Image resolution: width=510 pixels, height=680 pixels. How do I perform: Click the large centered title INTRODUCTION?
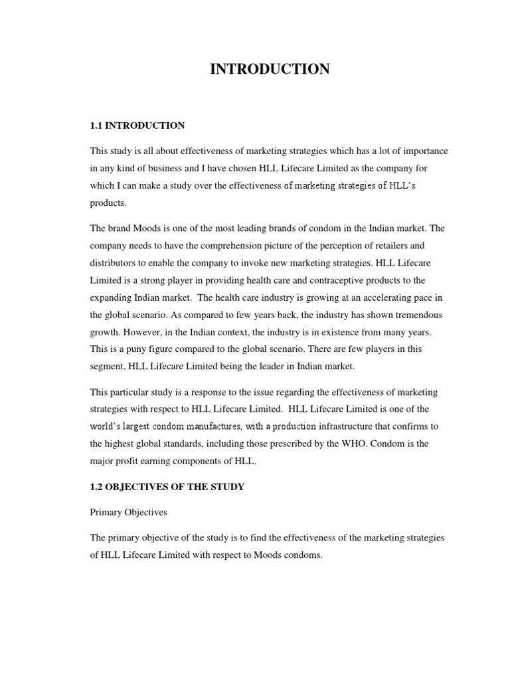click(270, 69)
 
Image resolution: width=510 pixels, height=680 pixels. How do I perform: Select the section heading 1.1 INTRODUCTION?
click(137, 125)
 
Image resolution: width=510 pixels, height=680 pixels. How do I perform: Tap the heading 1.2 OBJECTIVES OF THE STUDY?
click(167, 487)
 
